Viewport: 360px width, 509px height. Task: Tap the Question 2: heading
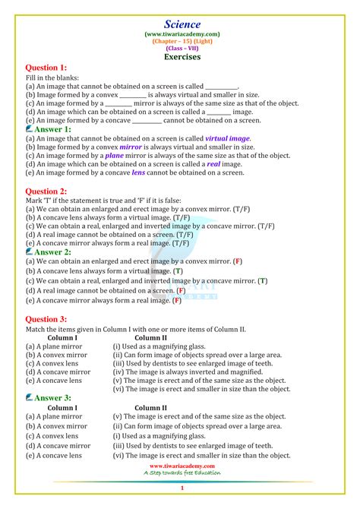[x=46, y=191]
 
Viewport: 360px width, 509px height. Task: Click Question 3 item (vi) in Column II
[x=201, y=388]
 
